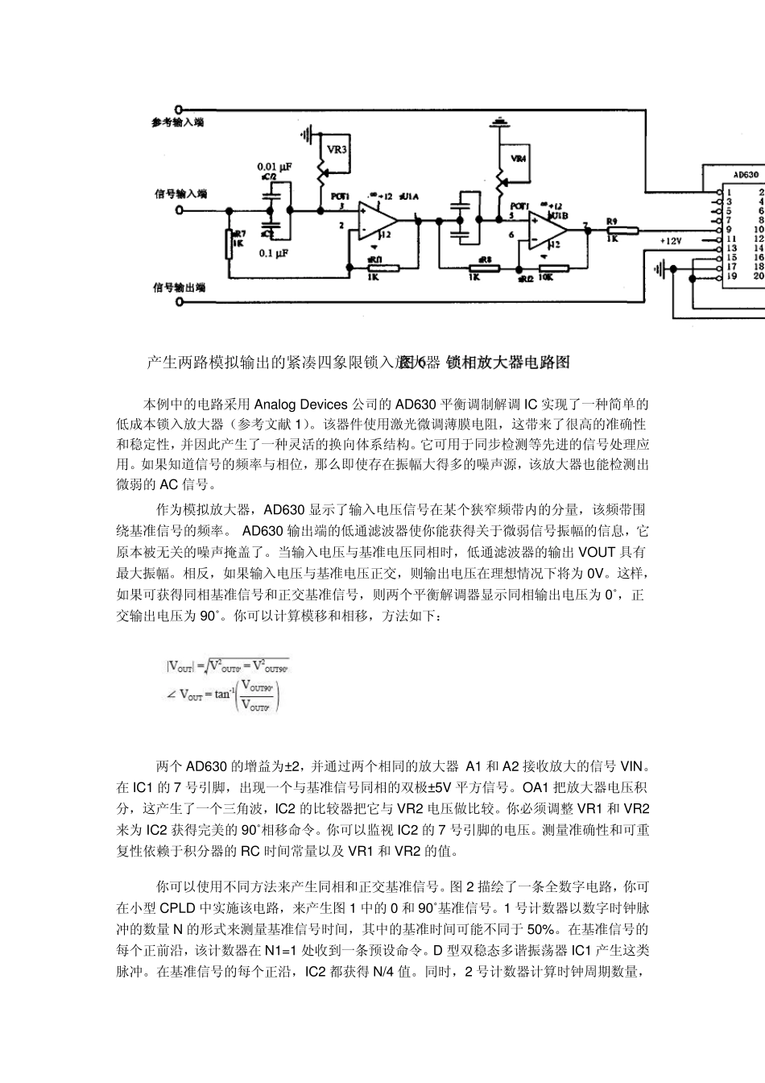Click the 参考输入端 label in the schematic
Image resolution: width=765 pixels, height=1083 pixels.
pos(177,122)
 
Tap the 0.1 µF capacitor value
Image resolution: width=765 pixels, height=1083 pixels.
pos(274,253)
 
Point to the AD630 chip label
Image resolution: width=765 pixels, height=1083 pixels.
pos(746,173)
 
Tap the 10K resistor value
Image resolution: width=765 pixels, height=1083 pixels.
pos(544,276)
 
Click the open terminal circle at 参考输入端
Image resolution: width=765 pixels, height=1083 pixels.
pos(179,109)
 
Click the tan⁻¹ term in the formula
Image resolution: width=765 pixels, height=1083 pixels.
pos(223,694)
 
